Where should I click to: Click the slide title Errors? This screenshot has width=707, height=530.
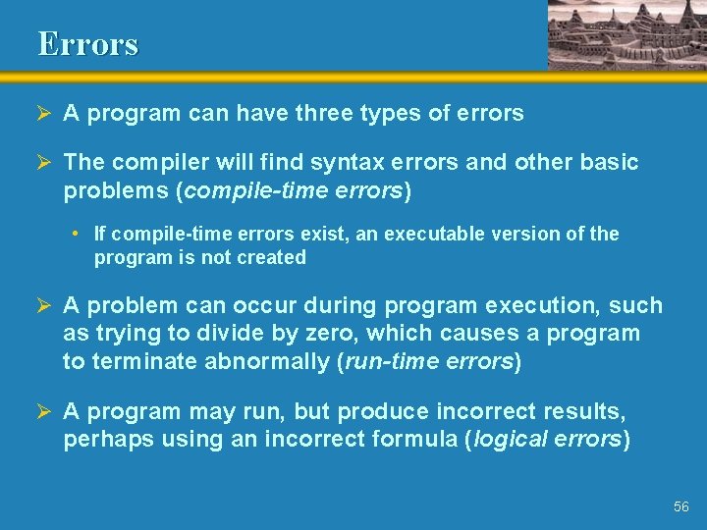coord(88,43)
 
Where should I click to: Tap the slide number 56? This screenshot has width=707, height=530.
coord(681,506)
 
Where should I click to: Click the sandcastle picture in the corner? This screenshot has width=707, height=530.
coord(625,34)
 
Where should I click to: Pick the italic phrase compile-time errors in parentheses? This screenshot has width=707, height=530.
coord(293,190)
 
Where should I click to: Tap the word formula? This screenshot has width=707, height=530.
coord(412,440)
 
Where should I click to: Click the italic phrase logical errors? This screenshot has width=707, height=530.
coord(548,440)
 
